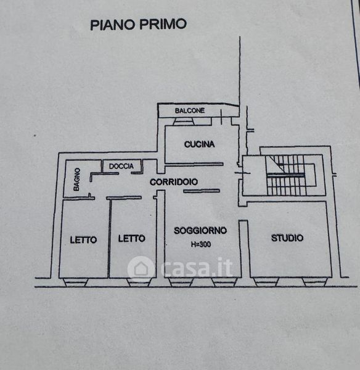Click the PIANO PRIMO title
coord(138,24)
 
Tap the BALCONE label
coord(190,110)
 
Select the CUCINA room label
coord(199,144)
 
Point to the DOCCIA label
coord(121,166)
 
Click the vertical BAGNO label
coord(77,179)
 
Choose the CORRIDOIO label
coord(174,182)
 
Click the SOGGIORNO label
coord(200,231)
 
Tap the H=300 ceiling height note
coord(201,244)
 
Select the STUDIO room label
coord(287,238)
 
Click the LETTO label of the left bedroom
coord(83,240)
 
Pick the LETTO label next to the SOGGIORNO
coord(132,239)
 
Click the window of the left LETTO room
coord(75,282)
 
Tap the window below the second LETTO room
coord(138,282)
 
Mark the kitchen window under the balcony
coord(184,121)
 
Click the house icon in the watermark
coord(141,268)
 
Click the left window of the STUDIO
coord(266,282)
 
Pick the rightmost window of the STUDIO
coord(315,282)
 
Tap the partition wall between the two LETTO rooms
coord(109,238)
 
